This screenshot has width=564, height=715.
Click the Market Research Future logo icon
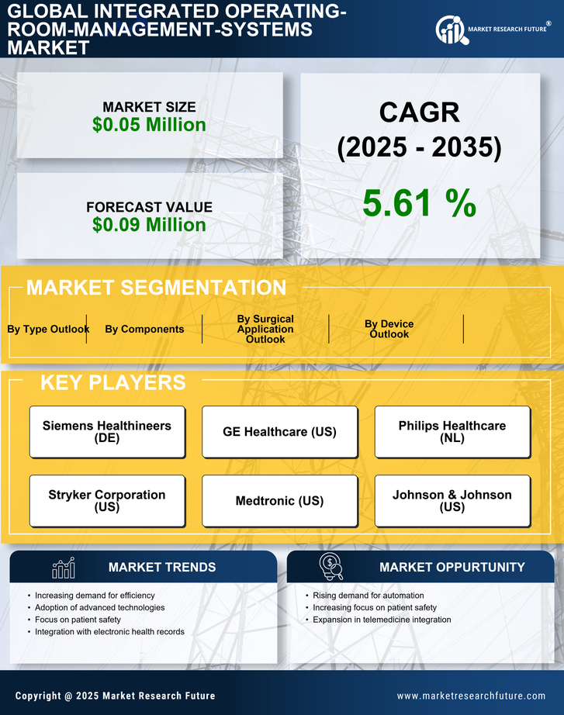point(450,29)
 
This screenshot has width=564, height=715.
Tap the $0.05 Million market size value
point(149,125)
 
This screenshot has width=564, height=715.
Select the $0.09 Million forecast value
point(149,225)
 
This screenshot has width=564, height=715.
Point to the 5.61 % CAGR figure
point(419,203)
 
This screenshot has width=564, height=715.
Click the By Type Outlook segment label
point(48,329)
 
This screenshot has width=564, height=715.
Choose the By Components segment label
point(144,329)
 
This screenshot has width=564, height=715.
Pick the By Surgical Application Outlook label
point(265,329)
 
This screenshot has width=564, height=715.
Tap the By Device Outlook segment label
point(389,329)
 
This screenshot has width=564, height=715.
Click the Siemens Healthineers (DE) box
point(107,431)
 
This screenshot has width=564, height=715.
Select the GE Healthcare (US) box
point(279,431)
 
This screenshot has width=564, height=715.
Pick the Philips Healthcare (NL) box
point(452,431)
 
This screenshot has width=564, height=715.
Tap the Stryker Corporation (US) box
point(107,500)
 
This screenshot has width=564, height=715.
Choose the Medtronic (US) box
point(279,500)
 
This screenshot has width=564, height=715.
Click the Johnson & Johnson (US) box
point(452,500)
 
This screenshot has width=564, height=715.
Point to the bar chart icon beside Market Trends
point(64,568)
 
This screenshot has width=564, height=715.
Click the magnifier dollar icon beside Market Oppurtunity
point(331,567)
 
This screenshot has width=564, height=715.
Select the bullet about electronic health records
point(109,632)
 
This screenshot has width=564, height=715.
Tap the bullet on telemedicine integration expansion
point(382,620)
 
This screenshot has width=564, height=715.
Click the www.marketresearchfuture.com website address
point(471,696)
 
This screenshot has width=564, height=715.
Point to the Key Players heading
point(112,382)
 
